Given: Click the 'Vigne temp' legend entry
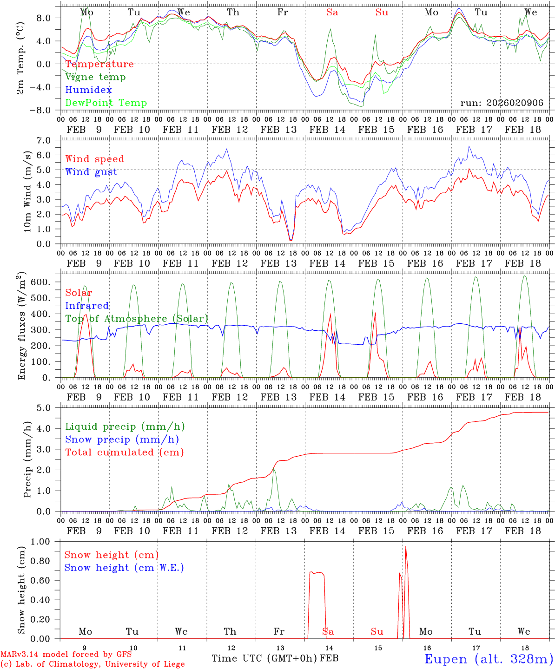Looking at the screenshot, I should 95,77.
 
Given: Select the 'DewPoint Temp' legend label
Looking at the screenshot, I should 106,103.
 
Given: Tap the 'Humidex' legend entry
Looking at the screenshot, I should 88,90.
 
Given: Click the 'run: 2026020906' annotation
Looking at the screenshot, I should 502,103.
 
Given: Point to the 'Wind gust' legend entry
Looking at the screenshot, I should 91,172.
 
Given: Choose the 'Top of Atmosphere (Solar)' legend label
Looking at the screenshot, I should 137,319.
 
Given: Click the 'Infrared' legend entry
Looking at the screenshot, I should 87,306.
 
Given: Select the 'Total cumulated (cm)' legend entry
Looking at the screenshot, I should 124,453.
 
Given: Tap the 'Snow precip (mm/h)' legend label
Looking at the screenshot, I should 122,439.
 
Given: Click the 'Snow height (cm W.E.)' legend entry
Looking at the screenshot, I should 124,568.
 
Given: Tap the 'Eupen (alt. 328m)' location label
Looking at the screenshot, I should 489,659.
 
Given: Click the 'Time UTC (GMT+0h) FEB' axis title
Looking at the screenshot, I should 275,658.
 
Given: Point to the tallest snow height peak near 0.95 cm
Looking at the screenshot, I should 406,547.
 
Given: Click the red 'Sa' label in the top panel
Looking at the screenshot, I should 332,13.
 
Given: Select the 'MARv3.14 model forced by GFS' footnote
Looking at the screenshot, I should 66,655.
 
